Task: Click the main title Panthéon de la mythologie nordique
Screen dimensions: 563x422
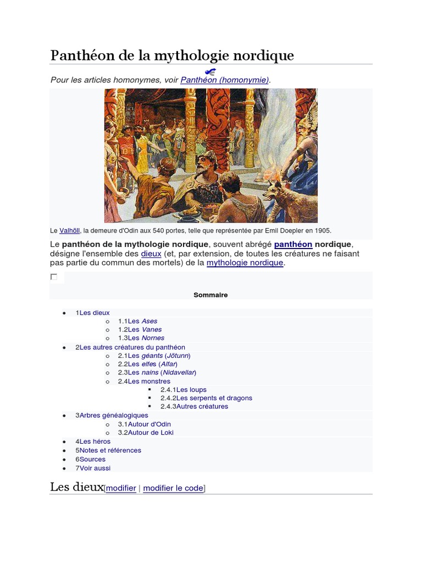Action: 172,56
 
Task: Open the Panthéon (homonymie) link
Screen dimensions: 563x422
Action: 224,80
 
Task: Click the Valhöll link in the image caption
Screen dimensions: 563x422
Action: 69,231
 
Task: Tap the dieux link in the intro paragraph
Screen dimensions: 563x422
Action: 151,254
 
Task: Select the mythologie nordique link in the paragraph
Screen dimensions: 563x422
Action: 245,263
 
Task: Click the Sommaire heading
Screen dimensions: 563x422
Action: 210,295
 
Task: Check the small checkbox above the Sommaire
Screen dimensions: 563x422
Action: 54,277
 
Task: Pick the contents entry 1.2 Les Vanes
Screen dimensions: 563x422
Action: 140,329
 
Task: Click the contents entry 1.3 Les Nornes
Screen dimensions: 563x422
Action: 141,338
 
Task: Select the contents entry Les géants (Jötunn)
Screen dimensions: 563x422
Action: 154,356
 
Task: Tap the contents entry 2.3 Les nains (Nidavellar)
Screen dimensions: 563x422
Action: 157,373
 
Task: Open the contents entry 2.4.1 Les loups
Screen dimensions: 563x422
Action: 184,390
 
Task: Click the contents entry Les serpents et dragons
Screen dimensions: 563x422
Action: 207,398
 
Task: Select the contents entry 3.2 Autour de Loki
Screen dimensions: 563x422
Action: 146,433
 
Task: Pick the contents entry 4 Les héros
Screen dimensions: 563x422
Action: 93,441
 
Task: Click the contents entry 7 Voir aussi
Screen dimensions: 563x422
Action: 93,468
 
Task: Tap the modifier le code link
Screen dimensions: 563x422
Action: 173,488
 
